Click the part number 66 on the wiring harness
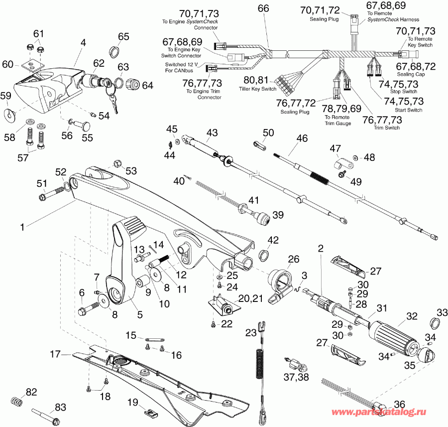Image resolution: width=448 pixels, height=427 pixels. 263,8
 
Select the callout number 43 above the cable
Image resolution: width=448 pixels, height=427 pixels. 212,133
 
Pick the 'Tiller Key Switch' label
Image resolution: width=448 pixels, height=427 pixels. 257,89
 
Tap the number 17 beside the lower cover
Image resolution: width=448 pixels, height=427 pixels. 55,354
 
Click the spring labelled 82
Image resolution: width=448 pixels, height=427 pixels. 16,401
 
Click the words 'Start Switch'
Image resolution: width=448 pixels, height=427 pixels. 408,110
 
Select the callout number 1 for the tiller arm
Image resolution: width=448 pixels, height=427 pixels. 22,227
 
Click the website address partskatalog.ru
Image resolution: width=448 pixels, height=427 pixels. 379,412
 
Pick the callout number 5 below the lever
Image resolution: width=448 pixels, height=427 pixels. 140,314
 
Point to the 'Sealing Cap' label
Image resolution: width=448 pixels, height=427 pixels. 411,74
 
